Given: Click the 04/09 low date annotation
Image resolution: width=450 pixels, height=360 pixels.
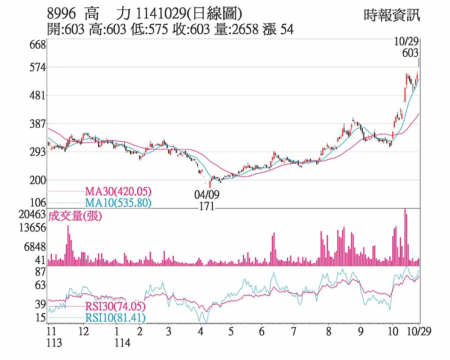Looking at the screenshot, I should pyautogui.click(x=207, y=195).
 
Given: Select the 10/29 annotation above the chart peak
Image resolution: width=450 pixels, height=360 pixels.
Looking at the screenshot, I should pyautogui.click(x=406, y=42).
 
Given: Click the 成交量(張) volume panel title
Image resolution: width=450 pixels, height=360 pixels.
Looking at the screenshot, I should pyautogui.click(x=76, y=216).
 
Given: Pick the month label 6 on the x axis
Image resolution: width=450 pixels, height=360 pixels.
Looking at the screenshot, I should pyautogui.click(x=261, y=332).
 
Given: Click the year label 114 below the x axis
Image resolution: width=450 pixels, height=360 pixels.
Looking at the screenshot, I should pyautogui.click(x=122, y=343).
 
